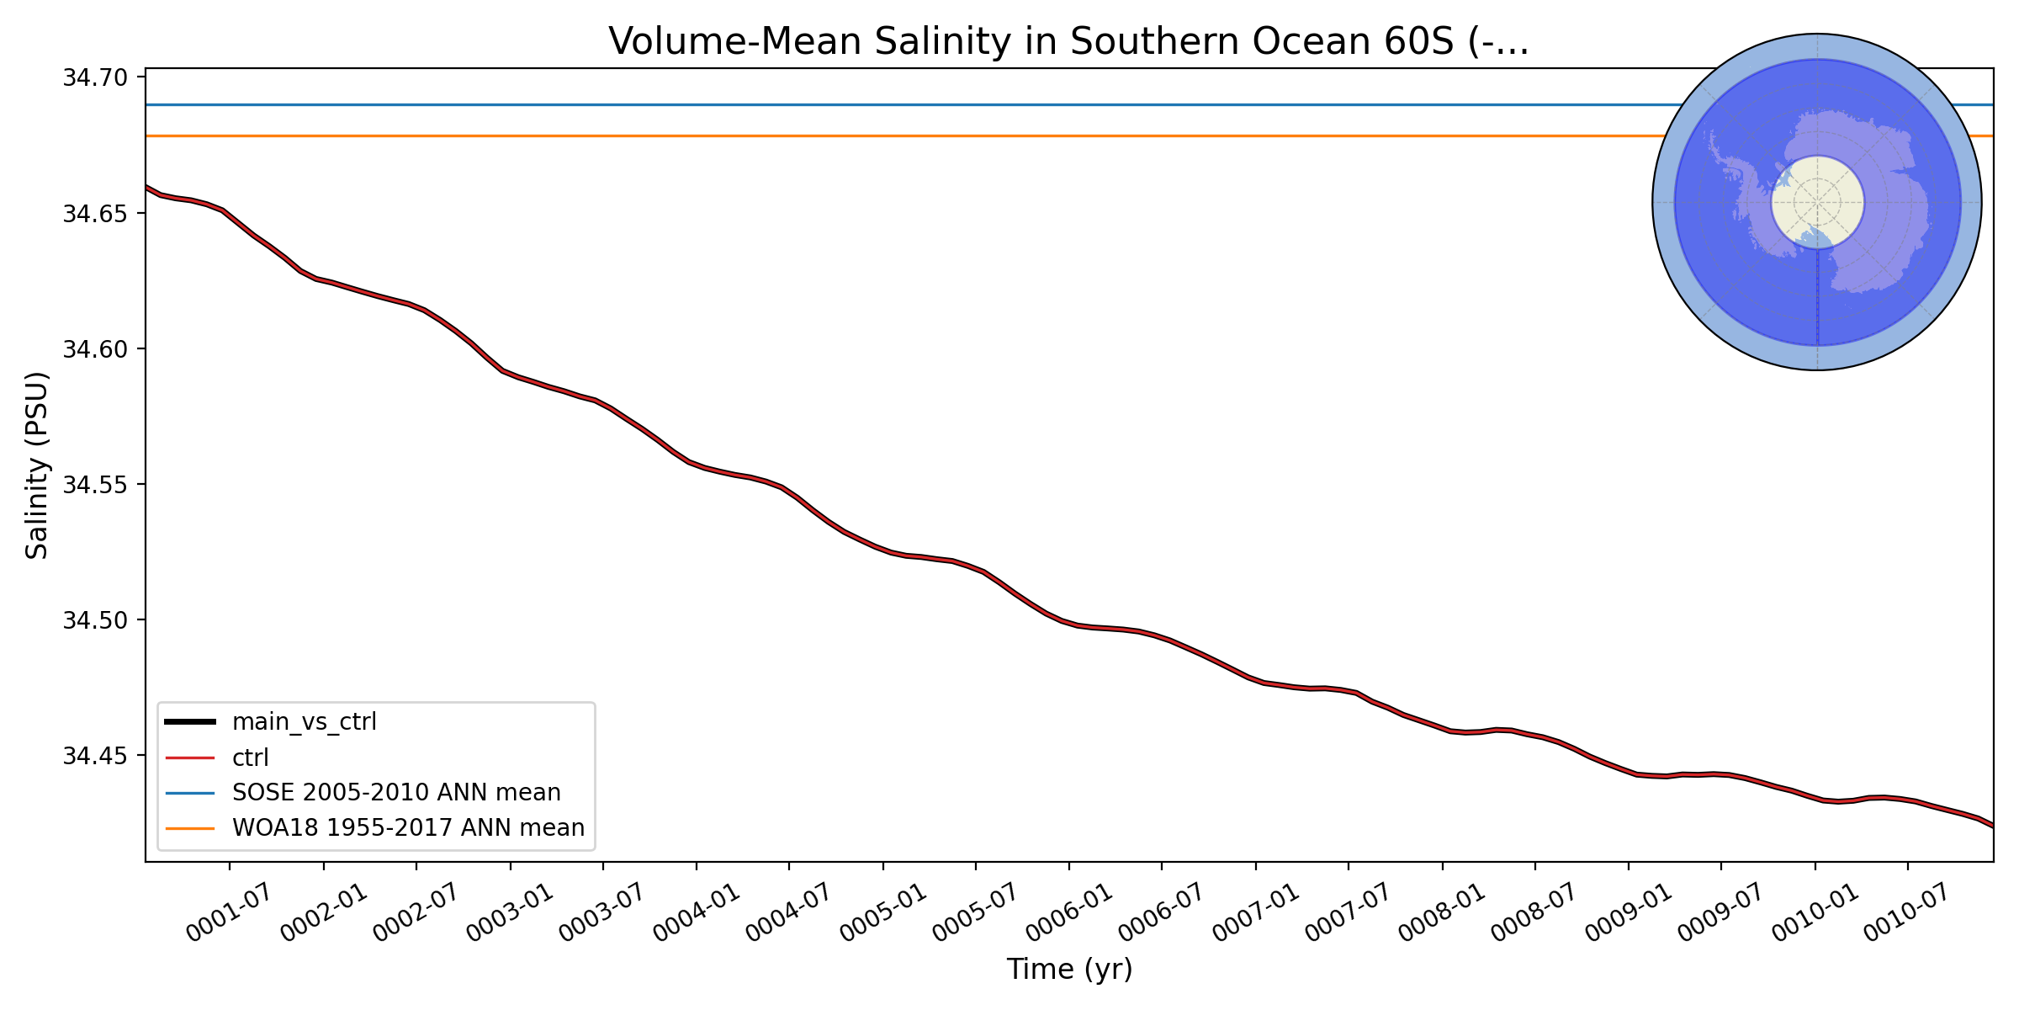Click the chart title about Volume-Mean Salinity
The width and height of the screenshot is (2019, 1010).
[1068, 42]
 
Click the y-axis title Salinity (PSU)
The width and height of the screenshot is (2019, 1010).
[37, 465]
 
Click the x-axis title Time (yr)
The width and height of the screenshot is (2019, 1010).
[1069, 970]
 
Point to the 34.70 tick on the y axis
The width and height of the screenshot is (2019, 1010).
[95, 78]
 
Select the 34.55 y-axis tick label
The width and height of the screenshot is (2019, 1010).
[95, 485]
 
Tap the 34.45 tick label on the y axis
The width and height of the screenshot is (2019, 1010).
[95, 757]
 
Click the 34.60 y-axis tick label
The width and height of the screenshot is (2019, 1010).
[95, 349]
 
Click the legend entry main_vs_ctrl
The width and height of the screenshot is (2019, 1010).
[304, 722]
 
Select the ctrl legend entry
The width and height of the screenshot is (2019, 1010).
[250, 757]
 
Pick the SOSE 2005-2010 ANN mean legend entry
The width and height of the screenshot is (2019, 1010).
[395, 793]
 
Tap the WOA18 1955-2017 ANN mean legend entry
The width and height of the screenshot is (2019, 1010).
[408, 828]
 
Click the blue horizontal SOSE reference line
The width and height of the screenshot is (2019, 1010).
[841, 104]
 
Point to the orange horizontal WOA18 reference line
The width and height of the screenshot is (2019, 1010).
[841, 136]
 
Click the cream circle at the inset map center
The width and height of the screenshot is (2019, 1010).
[1817, 202]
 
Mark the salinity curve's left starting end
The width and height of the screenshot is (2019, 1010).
[147, 187]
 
